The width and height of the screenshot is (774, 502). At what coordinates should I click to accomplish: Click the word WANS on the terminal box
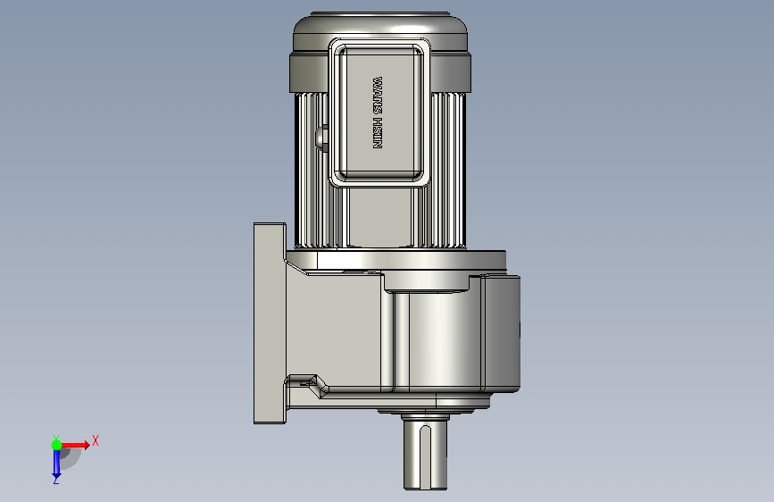pyautogui.click(x=378, y=95)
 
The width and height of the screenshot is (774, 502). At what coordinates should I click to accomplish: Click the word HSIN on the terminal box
pyautogui.click(x=378, y=133)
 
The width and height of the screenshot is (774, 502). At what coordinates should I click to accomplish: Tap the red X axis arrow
pyautogui.click(x=74, y=445)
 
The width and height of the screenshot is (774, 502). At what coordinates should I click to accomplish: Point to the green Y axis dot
pyautogui.click(x=56, y=445)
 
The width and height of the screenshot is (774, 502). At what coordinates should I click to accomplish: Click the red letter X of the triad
pyautogui.click(x=96, y=440)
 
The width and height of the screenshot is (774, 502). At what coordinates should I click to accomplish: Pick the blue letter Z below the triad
pyautogui.click(x=55, y=481)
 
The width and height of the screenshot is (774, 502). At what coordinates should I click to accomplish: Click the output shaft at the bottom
pyautogui.click(x=425, y=454)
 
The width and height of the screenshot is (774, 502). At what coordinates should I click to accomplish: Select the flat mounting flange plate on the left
pyautogui.click(x=270, y=323)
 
